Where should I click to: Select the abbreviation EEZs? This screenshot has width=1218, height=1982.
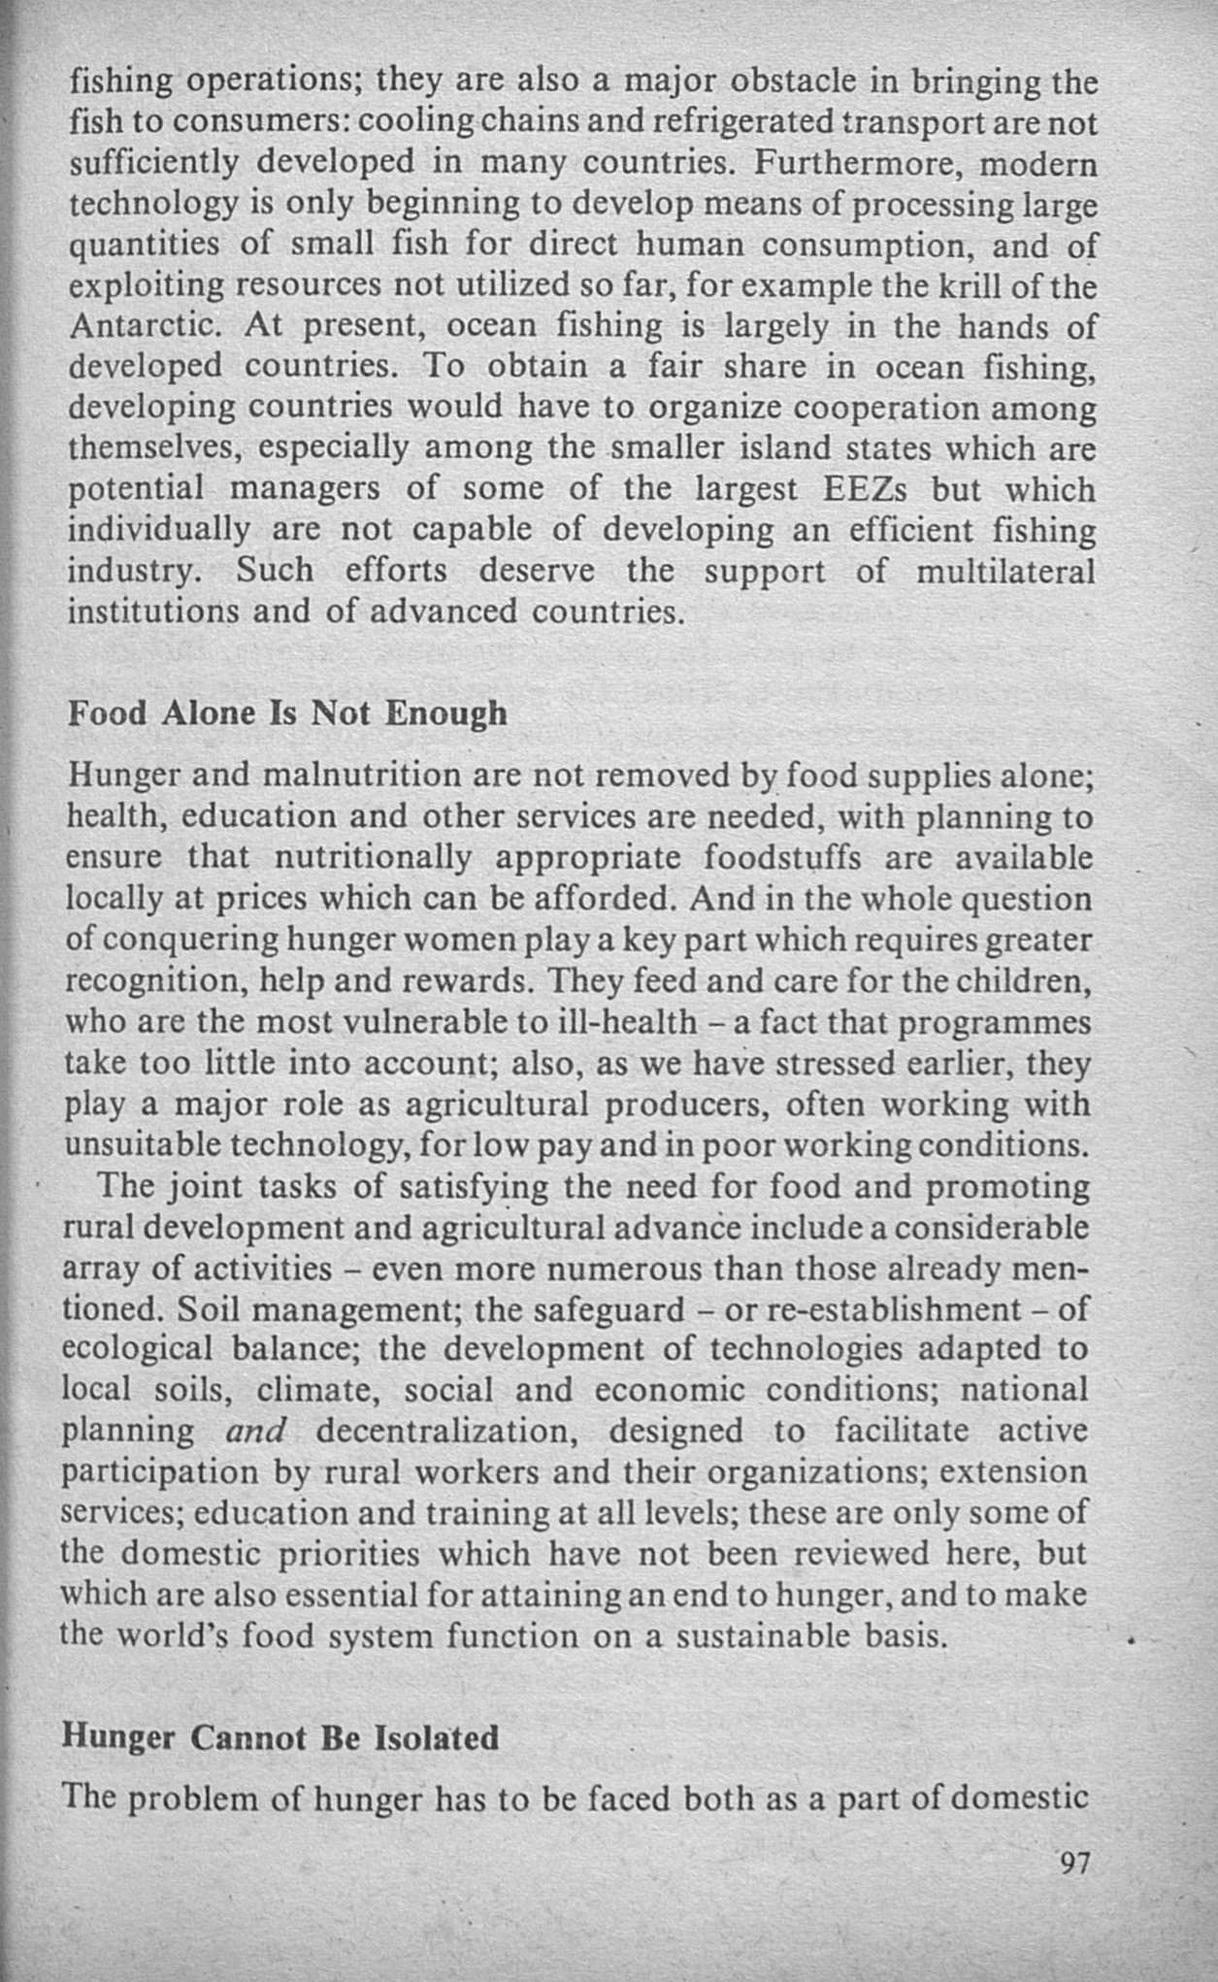867,489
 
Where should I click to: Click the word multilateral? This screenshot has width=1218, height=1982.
1005,571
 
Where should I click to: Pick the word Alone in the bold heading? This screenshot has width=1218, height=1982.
209,713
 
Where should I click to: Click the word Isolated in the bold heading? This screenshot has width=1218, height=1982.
436,1736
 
